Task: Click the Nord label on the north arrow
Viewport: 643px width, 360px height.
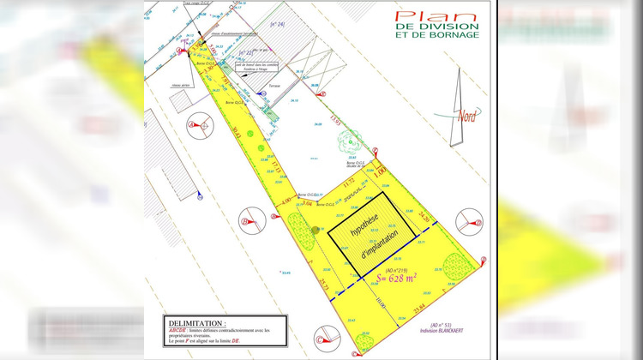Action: point(467,117)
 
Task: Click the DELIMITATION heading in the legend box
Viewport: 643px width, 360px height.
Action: point(196,322)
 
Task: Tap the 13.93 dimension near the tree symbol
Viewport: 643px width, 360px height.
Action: point(337,123)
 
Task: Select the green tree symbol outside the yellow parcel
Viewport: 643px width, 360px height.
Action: point(356,142)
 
